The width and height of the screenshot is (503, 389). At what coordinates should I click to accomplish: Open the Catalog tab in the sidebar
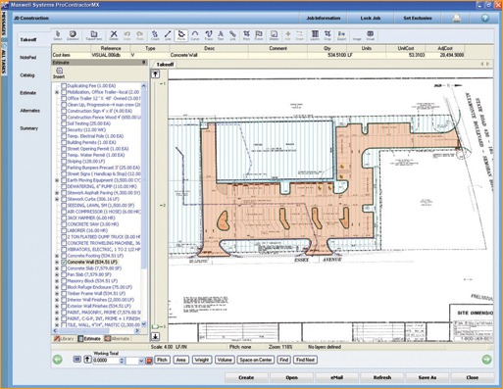click(27, 74)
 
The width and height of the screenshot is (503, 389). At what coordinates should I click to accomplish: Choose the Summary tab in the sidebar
click(28, 128)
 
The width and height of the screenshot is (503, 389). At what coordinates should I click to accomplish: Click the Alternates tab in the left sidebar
click(29, 111)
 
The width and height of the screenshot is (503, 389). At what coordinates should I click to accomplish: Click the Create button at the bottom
click(246, 376)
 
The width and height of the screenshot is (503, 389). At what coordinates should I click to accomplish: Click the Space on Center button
click(251, 361)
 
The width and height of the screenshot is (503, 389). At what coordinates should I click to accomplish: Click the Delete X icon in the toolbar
click(115, 36)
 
